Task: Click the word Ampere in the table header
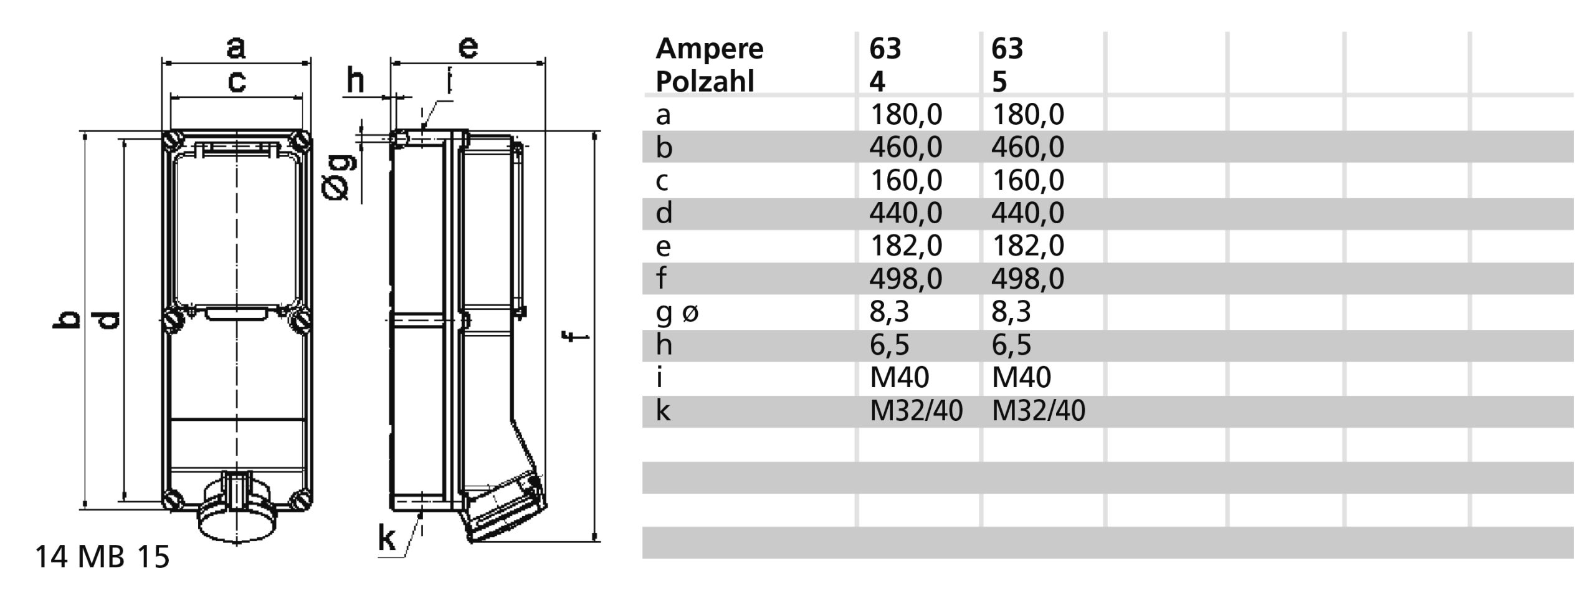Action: pyautogui.click(x=709, y=49)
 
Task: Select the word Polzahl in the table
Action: pyautogui.click(x=705, y=82)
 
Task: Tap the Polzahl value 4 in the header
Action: pyautogui.click(x=877, y=82)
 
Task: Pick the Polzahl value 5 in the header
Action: pyautogui.click(x=999, y=82)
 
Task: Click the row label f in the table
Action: pyautogui.click(x=661, y=278)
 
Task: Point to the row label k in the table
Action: pyautogui.click(x=663, y=411)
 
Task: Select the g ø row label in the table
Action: pyautogui.click(x=677, y=311)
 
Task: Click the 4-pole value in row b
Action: pyautogui.click(x=905, y=147)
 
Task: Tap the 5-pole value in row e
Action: pyautogui.click(x=1027, y=246)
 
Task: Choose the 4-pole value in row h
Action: pyautogui.click(x=889, y=344)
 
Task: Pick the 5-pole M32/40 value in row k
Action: pyautogui.click(x=1038, y=411)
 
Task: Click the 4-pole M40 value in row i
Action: pyautogui.click(x=899, y=377)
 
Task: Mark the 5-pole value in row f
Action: pyautogui.click(x=1027, y=278)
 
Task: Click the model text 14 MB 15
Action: pyautogui.click(x=102, y=557)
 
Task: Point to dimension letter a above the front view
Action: pyautogui.click(x=236, y=47)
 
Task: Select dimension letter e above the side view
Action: pyautogui.click(x=468, y=47)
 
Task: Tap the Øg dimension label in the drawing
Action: pyautogui.click(x=340, y=178)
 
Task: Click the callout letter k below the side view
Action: pyautogui.click(x=387, y=539)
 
